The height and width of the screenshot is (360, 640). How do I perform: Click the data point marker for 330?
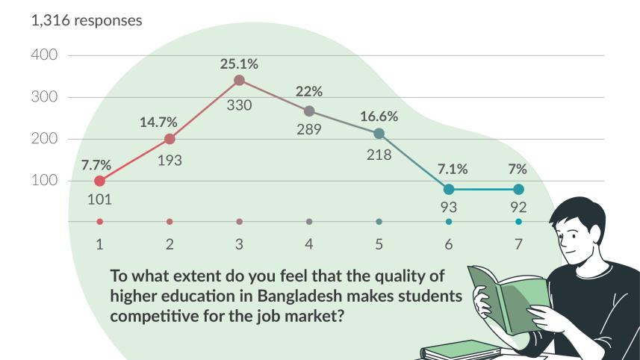pyautogui.click(x=239, y=80)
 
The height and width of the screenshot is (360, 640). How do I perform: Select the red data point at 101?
pyautogui.click(x=99, y=181)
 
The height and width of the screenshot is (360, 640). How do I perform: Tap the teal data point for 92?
pyautogui.click(x=518, y=189)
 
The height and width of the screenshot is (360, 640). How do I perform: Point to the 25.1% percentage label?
pyautogui.click(x=239, y=64)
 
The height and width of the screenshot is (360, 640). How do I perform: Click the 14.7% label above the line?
pyautogui.click(x=158, y=122)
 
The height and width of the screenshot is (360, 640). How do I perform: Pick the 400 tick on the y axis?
pyautogui.click(x=44, y=56)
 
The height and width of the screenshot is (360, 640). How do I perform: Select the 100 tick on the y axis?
pyautogui.click(x=44, y=181)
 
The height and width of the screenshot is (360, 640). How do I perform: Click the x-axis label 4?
pyautogui.click(x=309, y=244)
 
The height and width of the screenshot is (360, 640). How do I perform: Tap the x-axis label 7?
pyautogui.click(x=518, y=244)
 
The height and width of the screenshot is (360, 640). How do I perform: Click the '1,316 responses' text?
pyautogui.click(x=85, y=21)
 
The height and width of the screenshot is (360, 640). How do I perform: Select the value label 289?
pyautogui.click(x=308, y=129)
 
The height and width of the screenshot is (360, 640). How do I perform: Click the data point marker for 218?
pyautogui.click(x=379, y=134)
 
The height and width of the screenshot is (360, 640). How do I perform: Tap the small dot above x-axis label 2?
pyautogui.click(x=170, y=222)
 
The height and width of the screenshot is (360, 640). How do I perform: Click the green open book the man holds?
pyautogui.click(x=508, y=295)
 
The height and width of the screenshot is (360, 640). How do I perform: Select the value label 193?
pyautogui.click(x=170, y=160)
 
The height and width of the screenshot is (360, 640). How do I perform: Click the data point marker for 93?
pyautogui.click(x=449, y=189)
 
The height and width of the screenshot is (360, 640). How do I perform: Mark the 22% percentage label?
pyautogui.click(x=309, y=92)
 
